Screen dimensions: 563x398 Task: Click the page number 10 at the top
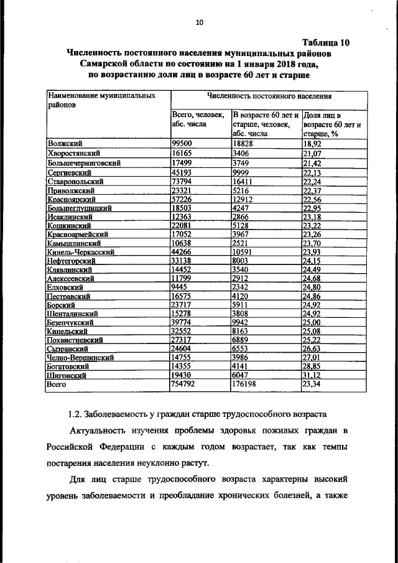tap(199, 23)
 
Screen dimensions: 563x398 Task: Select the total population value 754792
tap(184, 386)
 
